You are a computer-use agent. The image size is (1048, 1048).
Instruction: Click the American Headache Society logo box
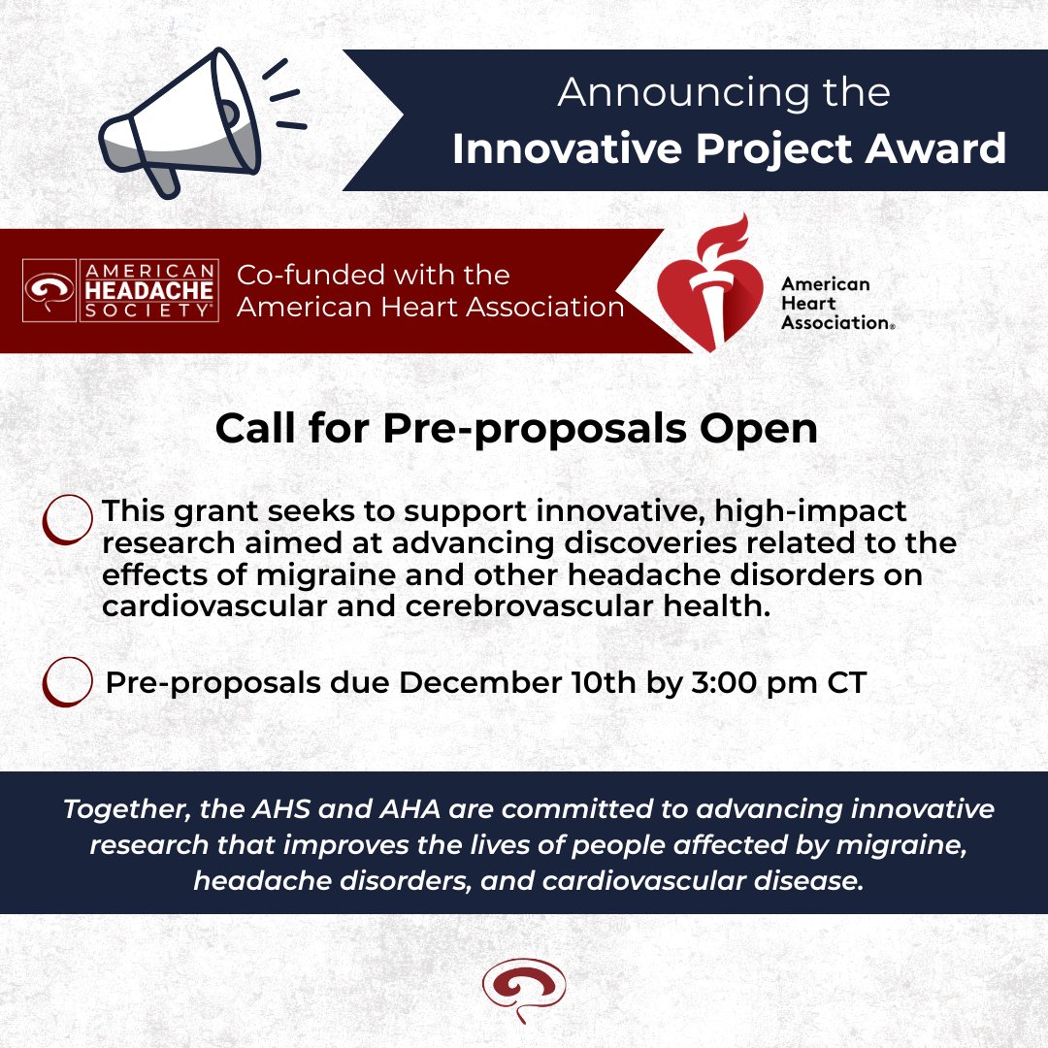point(120,290)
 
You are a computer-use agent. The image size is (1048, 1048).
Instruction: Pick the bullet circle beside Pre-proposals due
point(67,682)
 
